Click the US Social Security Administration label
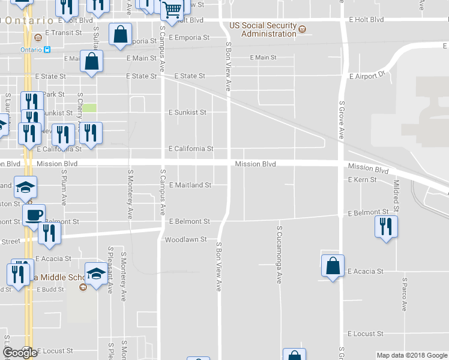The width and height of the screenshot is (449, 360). pyautogui.click(x=264, y=30)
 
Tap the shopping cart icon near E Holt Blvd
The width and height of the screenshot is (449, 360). pyautogui.click(x=172, y=11)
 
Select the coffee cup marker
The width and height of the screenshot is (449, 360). pyautogui.click(x=34, y=214)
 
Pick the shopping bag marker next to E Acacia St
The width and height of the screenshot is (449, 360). pyautogui.click(x=333, y=265)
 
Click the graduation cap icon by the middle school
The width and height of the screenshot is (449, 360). pyautogui.click(x=96, y=273)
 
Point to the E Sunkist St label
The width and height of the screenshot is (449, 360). pyautogui.click(x=187, y=112)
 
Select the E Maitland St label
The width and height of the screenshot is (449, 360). pyautogui.click(x=190, y=185)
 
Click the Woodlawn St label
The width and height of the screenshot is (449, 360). pyautogui.click(x=186, y=239)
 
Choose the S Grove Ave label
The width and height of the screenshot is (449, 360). pyautogui.click(x=340, y=120)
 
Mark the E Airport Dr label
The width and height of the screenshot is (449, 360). pyautogui.click(x=366, y=76)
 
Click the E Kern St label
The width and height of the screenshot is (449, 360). pyautogui.click(x=362, y=179)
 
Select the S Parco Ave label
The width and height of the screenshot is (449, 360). pyautogui.click(x=405, y=294)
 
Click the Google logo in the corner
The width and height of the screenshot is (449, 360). pyautogui.click(x=20, y=353)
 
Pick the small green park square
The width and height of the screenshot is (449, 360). pyautogui.click(x=89, y=108)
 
